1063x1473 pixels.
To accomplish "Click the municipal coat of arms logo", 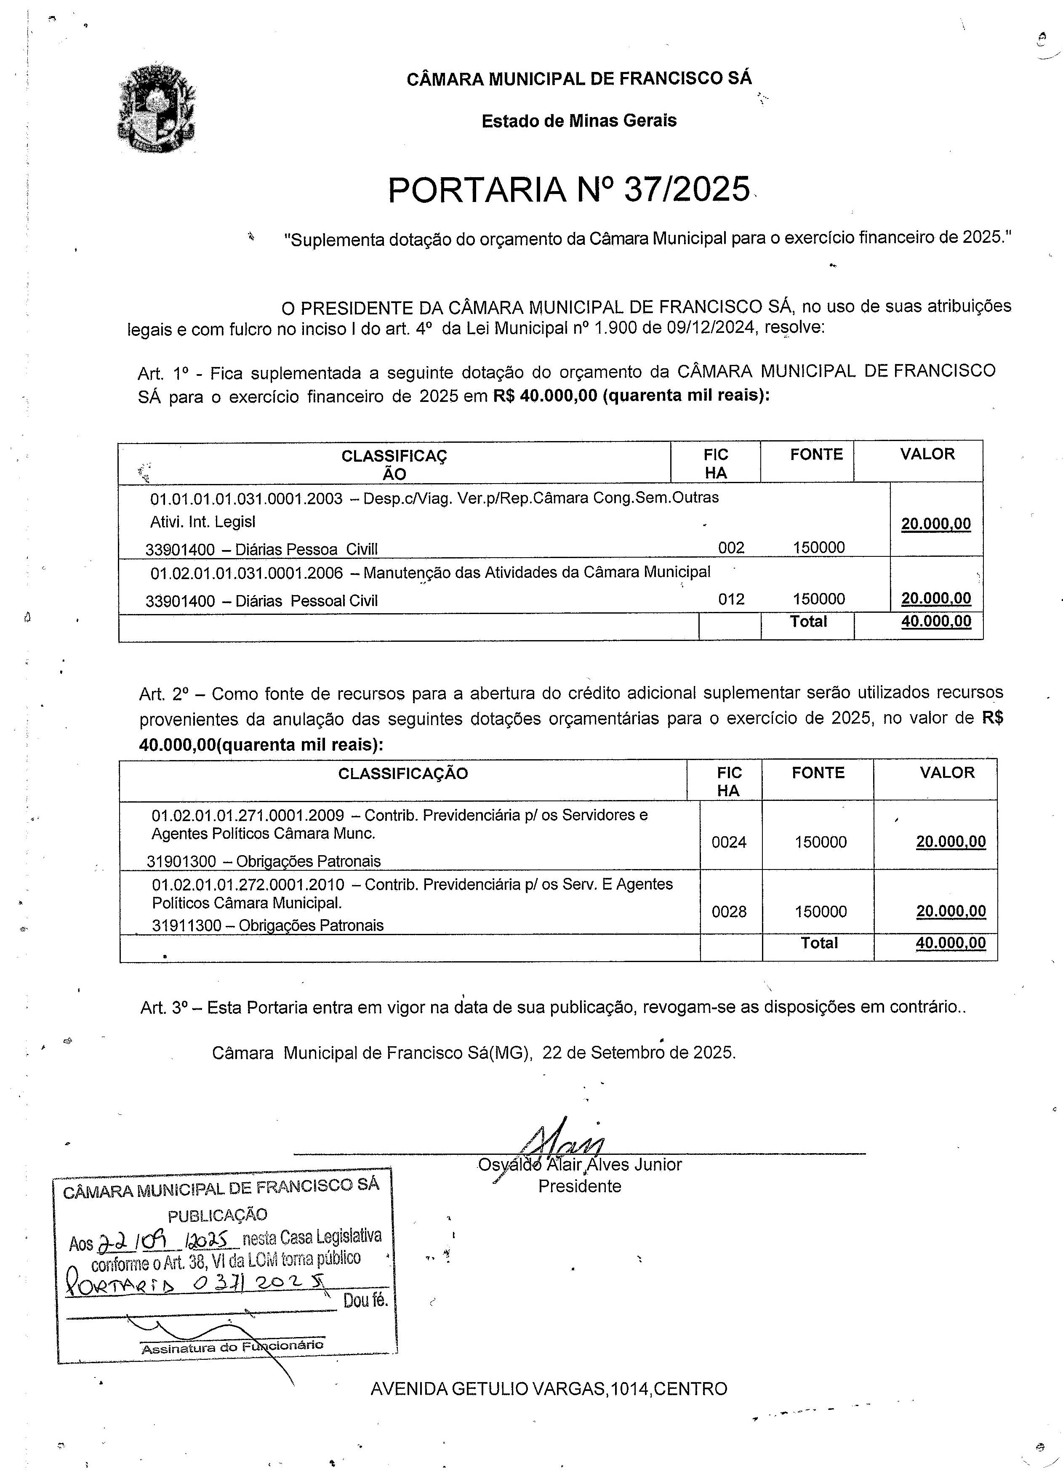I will click(156, 109).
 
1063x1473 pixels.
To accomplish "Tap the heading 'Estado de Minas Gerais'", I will click(578, 121).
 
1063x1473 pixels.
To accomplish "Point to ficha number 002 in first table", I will click(731, 548).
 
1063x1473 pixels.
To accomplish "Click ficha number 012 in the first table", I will click(731, 599).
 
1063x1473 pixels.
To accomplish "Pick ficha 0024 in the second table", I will click(729, 843).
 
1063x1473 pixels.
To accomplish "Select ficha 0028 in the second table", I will click(729, 912).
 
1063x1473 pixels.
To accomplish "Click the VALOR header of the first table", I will click(927, 454).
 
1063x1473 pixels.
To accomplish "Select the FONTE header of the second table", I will click(818, 772).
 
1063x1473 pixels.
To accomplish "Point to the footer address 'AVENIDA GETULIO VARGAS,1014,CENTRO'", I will click(549, 1388).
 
